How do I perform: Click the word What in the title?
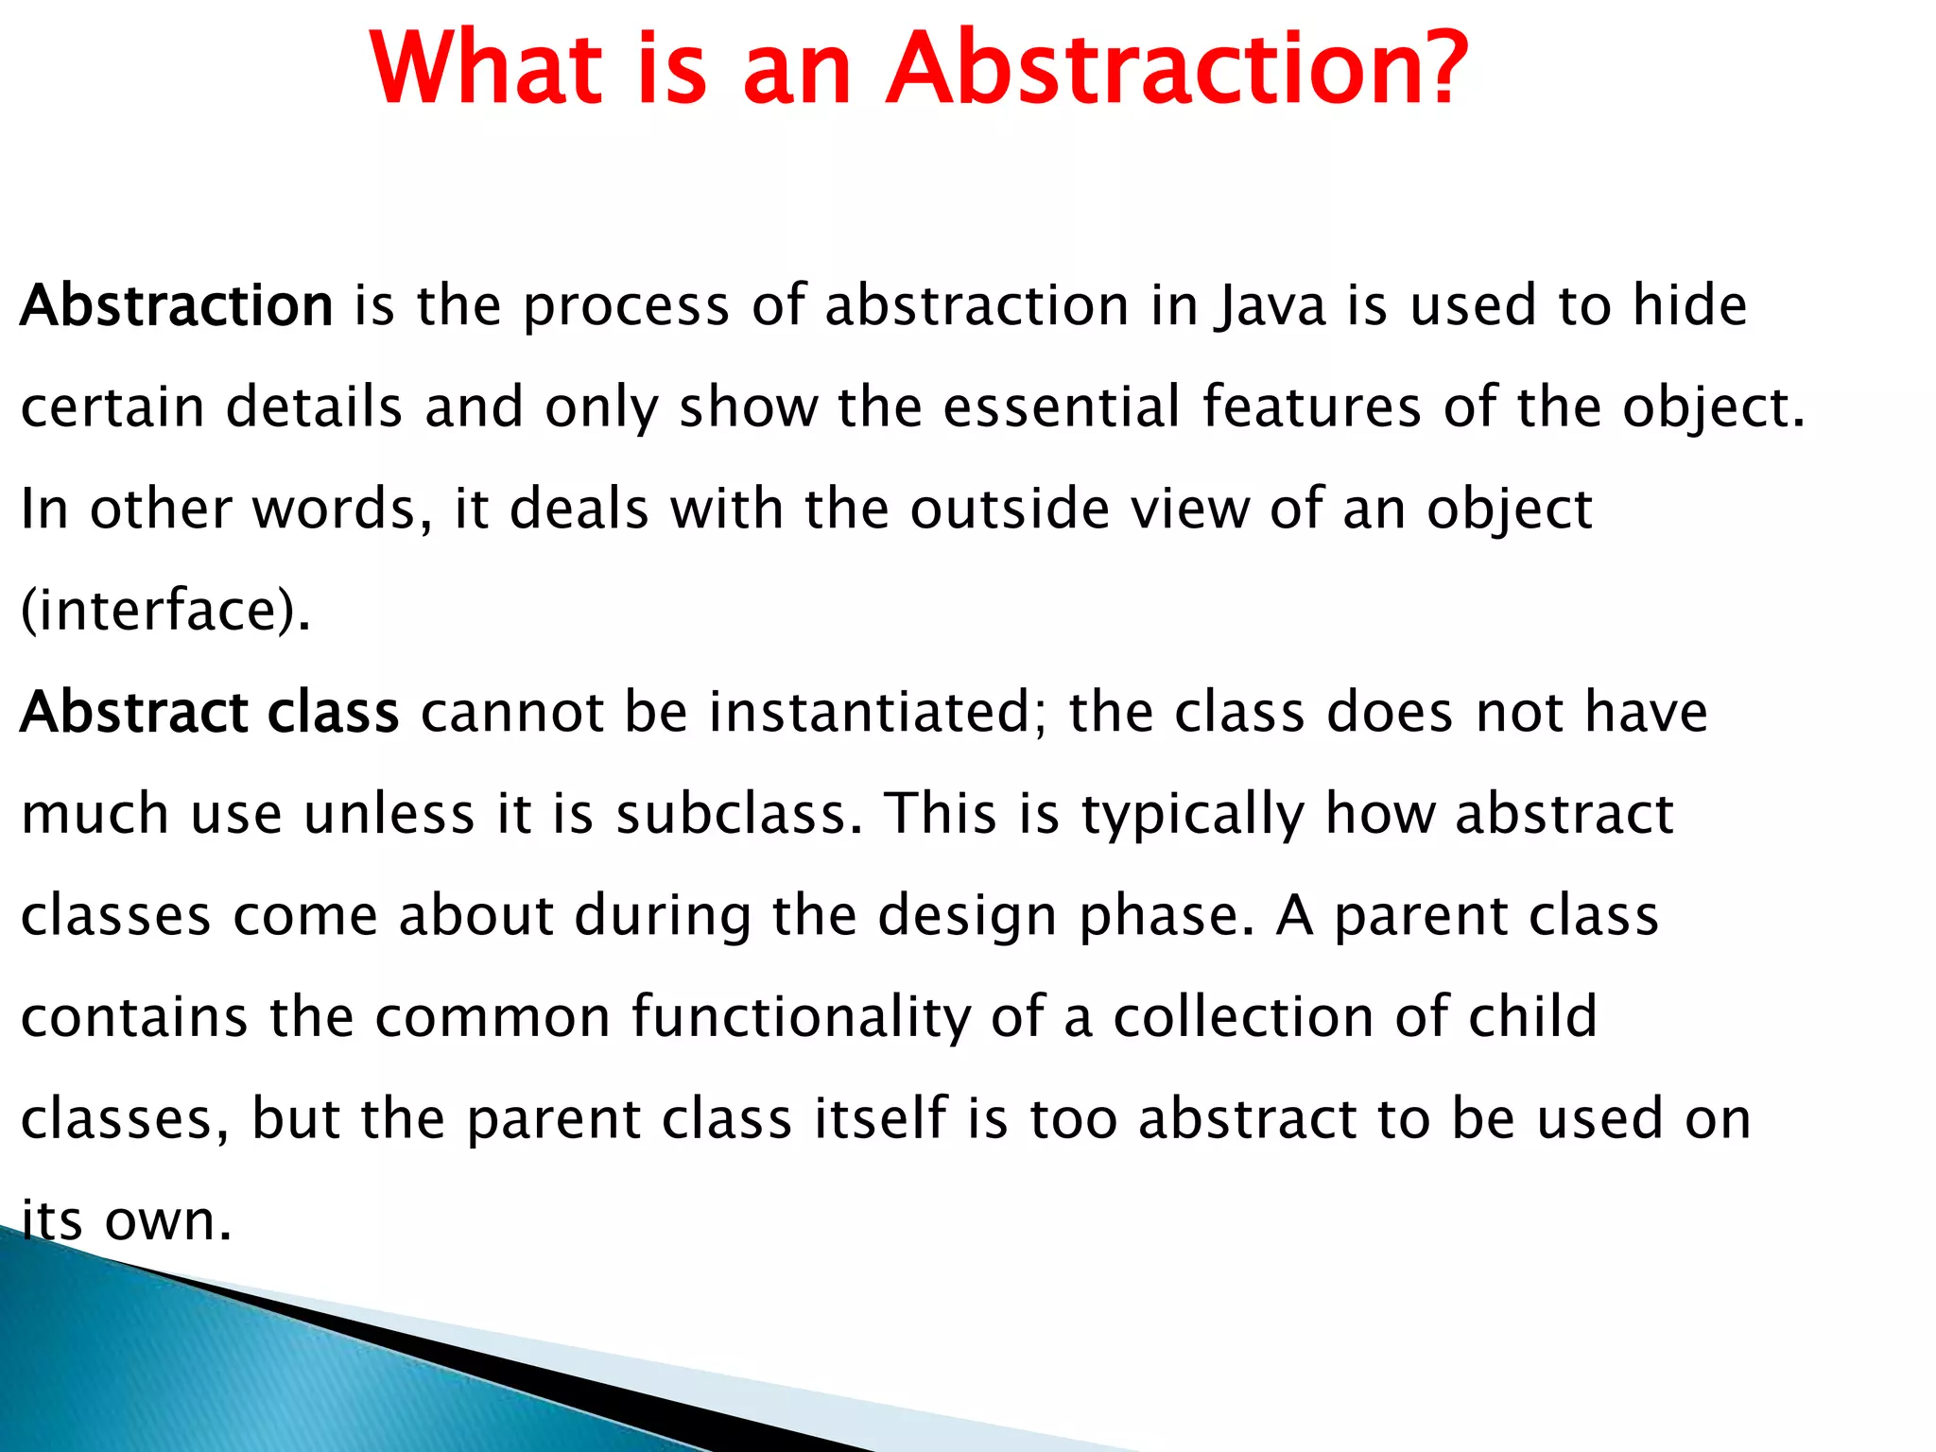coord(487,68)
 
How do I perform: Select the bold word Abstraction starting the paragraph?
coord(177,305)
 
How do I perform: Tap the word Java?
coord(1270,307)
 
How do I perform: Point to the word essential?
coord(1062,407)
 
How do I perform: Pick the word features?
coord(1311,407)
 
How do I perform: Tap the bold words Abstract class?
coord(210,712)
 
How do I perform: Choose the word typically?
coord(1192,816)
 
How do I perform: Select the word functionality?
coord(801,1018)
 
